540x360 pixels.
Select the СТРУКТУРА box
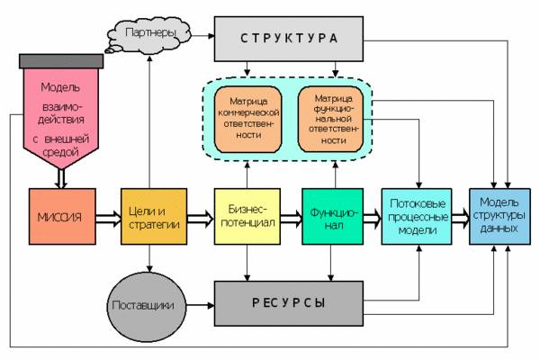pos(289,39)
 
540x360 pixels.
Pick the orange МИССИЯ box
pos(60,217)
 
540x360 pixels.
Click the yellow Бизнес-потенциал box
pos(245,217)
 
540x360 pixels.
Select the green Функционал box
pos(332,217)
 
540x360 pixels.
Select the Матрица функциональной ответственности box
pos(332,116)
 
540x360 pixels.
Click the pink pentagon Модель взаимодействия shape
pos(60,117)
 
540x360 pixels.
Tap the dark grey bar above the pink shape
pos(60,58)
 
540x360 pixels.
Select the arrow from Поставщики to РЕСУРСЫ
pos(197,303)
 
